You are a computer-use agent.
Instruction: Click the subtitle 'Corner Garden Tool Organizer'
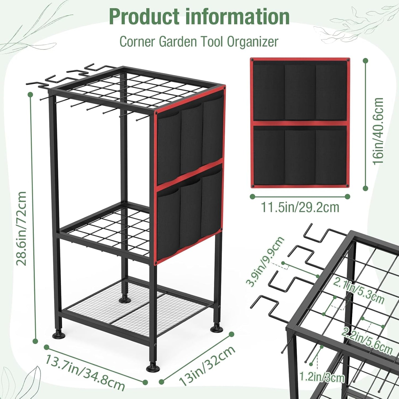(x=199, y=42)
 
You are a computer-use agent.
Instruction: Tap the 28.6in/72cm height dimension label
(x=22, y=228)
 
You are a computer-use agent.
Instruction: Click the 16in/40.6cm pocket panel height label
(x=378, y=131)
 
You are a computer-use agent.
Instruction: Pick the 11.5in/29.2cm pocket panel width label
(x=300, y=207)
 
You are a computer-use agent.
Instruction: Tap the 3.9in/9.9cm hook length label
(x=265, y=261)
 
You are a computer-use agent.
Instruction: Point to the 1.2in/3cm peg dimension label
(x=322, y=377)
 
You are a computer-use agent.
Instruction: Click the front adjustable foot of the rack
(x=152, y=368)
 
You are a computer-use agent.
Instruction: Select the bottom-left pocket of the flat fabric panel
(x=269, y=156)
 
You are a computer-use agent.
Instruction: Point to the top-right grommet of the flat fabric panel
(x=348, y=60)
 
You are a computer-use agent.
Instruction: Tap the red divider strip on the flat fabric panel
(x=300, y=123)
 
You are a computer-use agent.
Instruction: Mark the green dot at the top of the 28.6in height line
(x=30, y=95)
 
